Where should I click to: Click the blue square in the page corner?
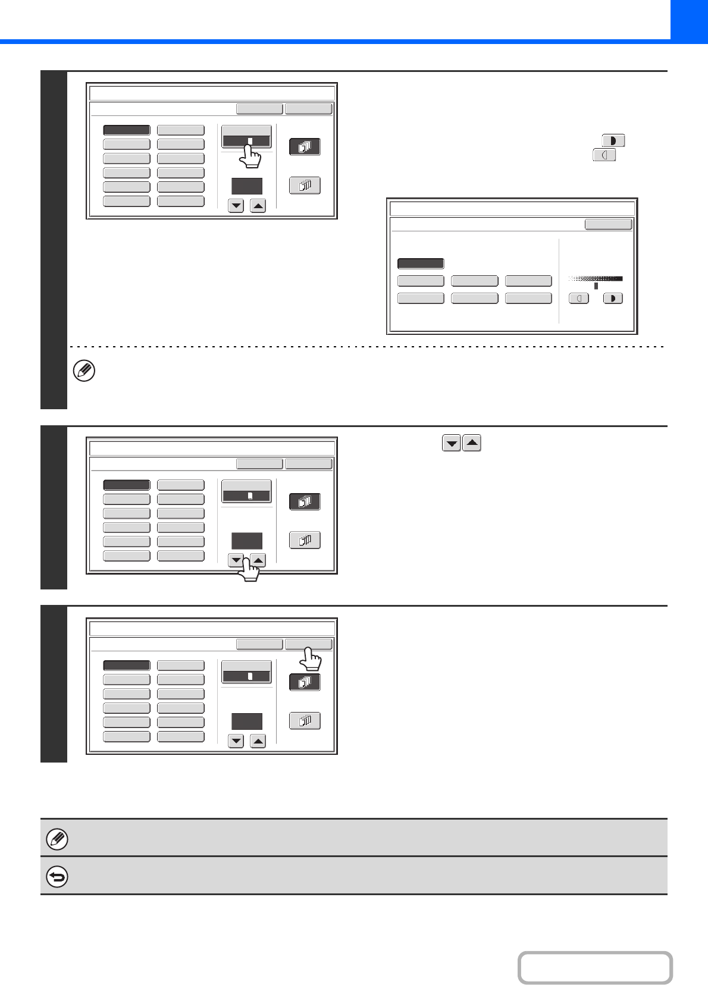click(x=689, y=20)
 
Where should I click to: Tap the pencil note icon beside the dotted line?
click(x=84, y=371)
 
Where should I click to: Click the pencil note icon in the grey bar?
click(x=57, y=839)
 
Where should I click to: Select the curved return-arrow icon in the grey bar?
click(x=57, y=877)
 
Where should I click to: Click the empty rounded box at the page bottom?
click(x=595, y=968)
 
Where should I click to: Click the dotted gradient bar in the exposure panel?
click(x=595, y=278)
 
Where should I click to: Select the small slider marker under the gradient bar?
click(x=596, y=286)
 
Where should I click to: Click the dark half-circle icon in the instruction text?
click(x=613, y=141)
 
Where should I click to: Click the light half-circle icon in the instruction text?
click(x=604, y=155)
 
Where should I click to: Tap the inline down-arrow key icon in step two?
click(x=452, y=444)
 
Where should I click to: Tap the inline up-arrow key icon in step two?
click(x=472, y=444)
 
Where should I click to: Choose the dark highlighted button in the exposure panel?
click(x=421, y=263)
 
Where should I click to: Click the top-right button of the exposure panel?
click(x=608, y=224)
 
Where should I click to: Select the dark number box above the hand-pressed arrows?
click(x=247, y=541)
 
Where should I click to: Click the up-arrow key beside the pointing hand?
click(x=258, y=560)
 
